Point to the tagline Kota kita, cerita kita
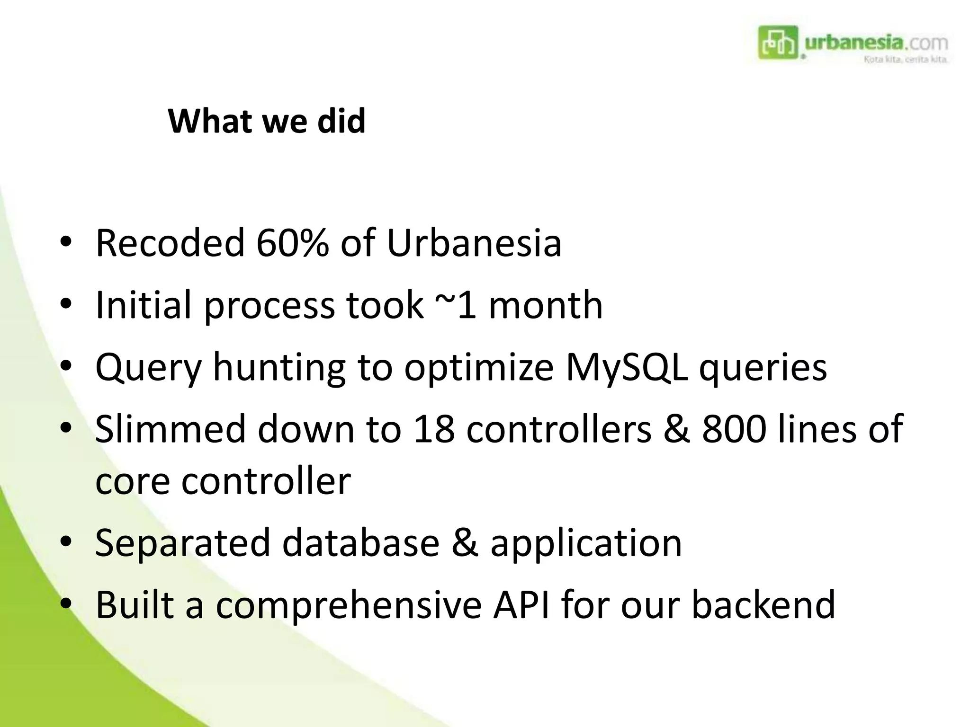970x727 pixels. (905, 60)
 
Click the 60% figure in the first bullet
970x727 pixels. (292, 243)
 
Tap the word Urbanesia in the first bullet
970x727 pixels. (474, 243)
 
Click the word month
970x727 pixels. (545, 305)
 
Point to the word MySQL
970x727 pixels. (627, 367)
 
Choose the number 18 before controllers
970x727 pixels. (434, 429)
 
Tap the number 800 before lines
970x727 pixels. (734, 429)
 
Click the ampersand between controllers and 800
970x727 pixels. (676, 429)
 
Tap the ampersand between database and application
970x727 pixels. (465, 543)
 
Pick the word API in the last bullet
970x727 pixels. (521, 605)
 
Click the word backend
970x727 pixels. (763, 605)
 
